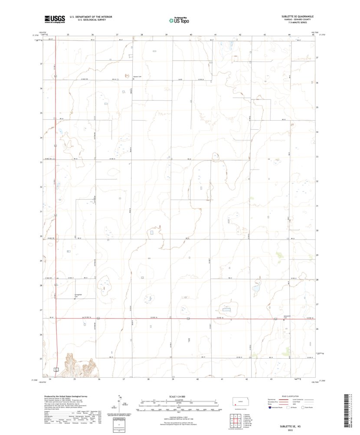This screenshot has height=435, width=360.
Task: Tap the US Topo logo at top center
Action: point(179,19)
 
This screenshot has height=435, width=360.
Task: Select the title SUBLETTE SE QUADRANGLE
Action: point(297,16)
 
